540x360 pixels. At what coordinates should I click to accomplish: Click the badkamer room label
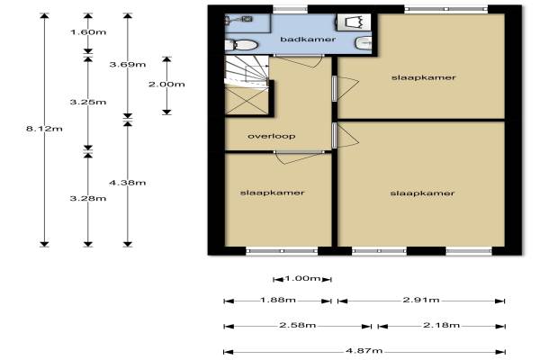(308, 40)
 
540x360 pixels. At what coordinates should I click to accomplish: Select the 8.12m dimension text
(44, 129)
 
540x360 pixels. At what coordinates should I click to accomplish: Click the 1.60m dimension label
(88, 32)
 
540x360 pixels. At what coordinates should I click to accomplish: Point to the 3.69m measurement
(128, 65)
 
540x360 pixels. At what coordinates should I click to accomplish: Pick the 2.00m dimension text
(166, 85)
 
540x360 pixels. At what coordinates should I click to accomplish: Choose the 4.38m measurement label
(128, 183)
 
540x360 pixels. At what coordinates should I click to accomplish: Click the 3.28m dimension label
(88, 198)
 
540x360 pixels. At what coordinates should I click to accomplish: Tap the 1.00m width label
(302, 278)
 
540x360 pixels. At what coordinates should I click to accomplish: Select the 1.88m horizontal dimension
(278, 300)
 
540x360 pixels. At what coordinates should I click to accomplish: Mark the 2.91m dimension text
(421, 300)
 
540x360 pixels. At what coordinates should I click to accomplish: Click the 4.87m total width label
(364, 351)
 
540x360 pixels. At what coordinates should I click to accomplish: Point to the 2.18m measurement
(442, 325)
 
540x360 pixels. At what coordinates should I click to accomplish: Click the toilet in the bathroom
(241, 45)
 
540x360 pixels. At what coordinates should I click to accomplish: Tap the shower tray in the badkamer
(354, 22)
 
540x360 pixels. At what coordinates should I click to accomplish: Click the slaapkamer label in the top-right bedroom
(424, 77)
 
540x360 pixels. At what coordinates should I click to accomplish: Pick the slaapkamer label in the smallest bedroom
(273, 193)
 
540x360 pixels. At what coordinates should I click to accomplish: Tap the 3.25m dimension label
(88, 103)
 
